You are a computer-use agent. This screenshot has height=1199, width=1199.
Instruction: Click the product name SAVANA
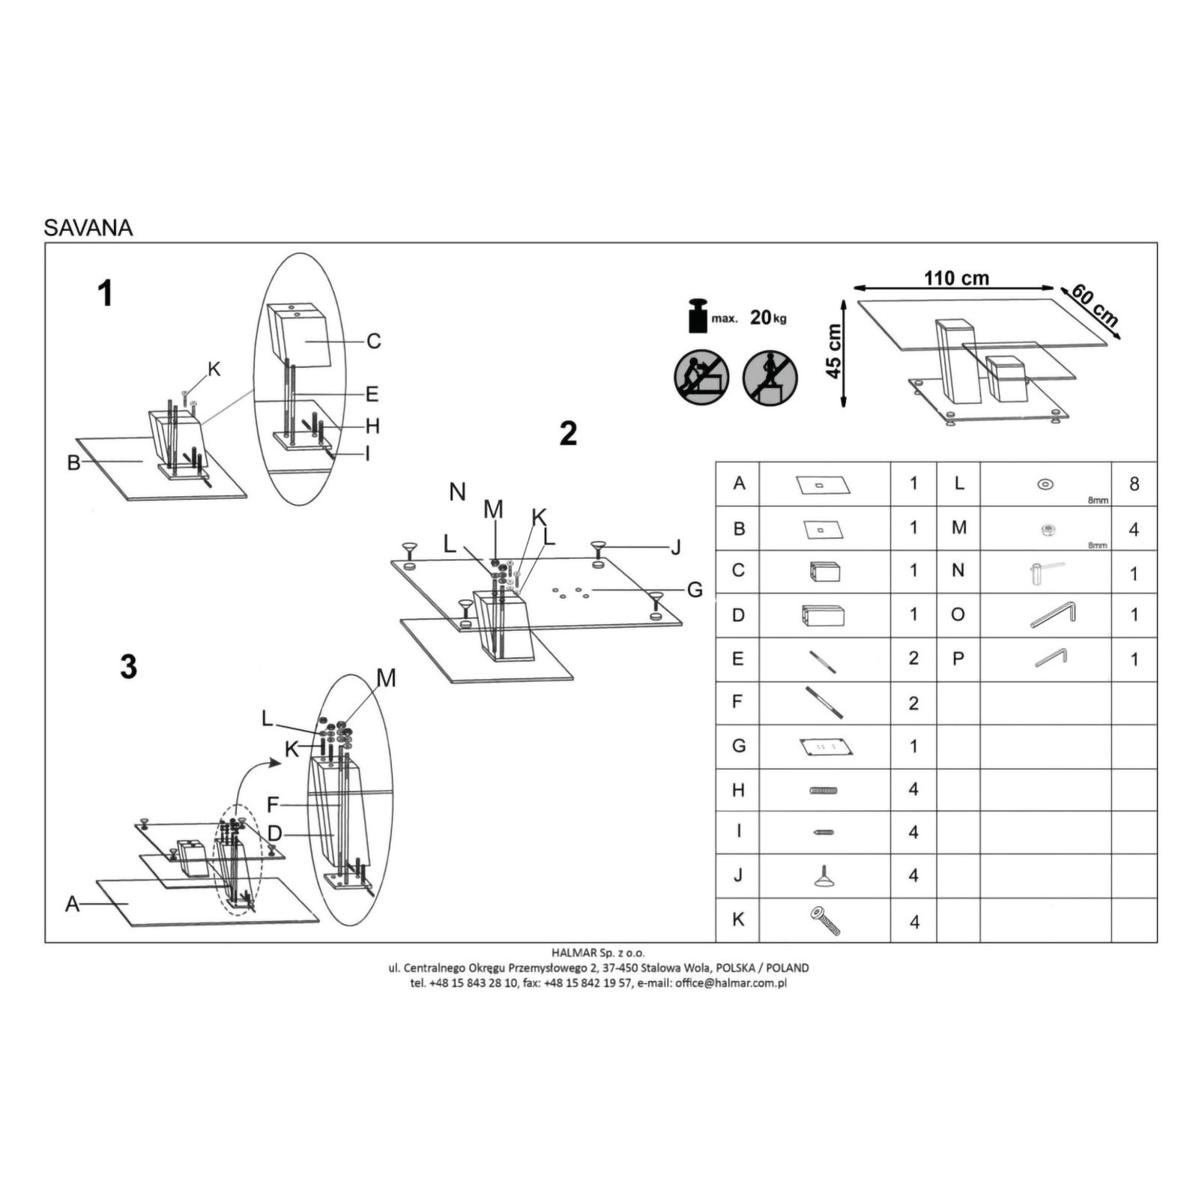click(88, 228)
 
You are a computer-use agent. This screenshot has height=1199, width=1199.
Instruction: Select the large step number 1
click(106, 294)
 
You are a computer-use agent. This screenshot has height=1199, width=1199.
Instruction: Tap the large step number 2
click(568, 434)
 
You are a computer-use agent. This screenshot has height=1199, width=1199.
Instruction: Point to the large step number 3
click(128, 667)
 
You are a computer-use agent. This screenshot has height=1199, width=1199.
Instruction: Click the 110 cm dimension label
click(956, 279)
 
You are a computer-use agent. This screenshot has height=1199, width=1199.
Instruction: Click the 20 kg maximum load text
click(768, 318)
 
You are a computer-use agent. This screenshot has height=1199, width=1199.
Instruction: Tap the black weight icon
click(698, 316)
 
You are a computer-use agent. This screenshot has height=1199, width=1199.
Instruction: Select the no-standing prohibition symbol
click(770, 377)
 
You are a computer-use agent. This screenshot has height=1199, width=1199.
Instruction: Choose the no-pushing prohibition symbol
click(701, 377)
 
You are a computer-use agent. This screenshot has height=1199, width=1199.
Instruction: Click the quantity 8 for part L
click(1134, 484)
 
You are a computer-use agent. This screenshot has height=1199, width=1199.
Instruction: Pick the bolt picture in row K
click(825, 921)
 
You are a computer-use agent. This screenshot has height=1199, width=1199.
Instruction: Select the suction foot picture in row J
click(824, 876)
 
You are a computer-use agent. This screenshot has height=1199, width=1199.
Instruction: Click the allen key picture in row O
click(1053, 614)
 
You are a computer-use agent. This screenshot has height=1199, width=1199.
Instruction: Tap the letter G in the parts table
click(739, 746)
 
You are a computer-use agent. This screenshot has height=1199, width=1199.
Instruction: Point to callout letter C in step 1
click(374, 342)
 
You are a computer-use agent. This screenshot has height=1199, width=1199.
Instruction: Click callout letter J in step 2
click(676, 548)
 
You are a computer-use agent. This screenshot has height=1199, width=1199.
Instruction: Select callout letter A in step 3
click(72, 904)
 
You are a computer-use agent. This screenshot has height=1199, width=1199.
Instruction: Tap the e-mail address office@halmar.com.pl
click(731, 983)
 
